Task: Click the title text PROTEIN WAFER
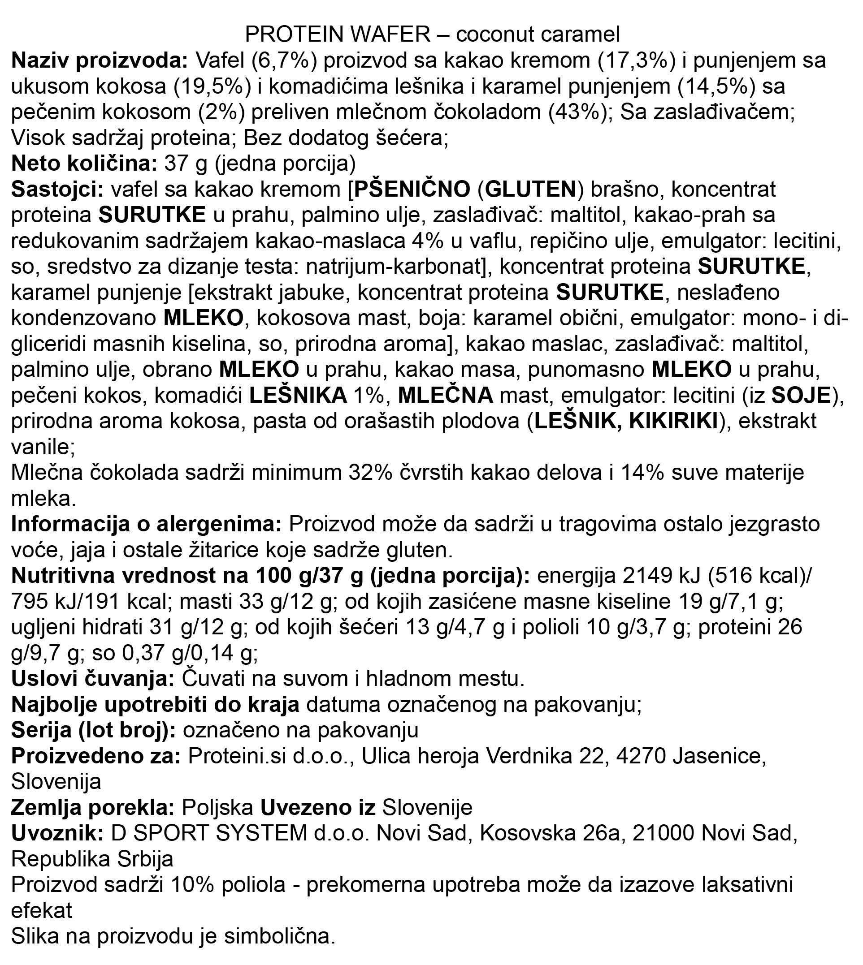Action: point(338,34)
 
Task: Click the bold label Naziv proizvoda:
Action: point(100,60)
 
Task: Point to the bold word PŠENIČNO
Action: point(412,190)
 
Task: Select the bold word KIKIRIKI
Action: point(673,421)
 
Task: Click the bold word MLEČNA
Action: point(445,396)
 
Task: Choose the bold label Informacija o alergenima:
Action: point(146,525)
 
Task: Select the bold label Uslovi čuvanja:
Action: point(93,679)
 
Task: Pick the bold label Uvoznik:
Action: point(57,833)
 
